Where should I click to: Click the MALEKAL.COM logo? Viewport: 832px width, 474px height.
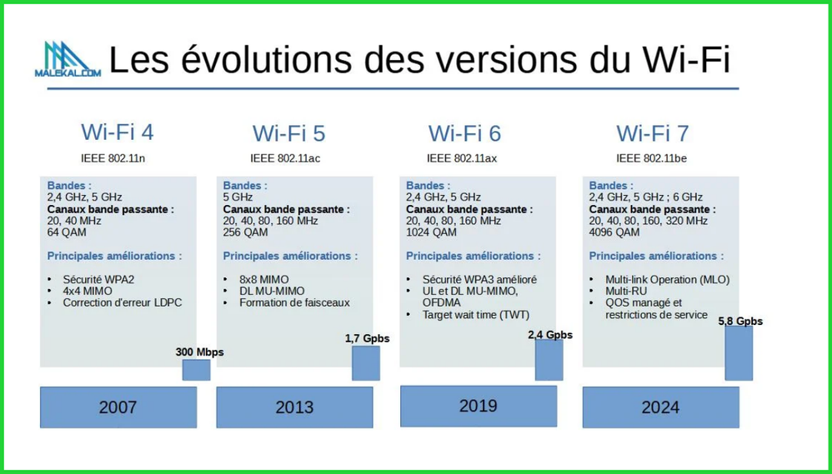[68, 59]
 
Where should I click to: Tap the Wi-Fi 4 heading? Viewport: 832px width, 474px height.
[118, 132]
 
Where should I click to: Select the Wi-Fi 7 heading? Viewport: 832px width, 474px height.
[652, 133]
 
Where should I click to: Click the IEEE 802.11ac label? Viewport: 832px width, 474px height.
[285, 158]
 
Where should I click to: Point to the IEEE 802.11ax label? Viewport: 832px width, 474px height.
[462, 158]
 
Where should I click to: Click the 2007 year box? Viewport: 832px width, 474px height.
[118, 407]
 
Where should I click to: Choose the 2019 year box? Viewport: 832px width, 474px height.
[479, 407]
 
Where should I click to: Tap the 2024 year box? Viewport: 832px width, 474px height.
[660, 407]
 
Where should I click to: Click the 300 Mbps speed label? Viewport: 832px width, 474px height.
[199, 352]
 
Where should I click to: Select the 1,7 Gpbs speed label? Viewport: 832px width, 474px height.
[367, 338]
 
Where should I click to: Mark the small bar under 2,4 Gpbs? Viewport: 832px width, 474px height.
[549, 360]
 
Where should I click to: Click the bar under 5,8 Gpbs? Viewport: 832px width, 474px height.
[739, 353]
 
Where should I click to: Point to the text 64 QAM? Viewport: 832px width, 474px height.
[67, 232]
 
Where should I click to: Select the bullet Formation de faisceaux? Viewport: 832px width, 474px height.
[294, 302]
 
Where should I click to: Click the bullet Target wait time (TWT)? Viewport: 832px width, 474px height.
[476, 315]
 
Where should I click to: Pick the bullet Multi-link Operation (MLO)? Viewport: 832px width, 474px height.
[668, 279]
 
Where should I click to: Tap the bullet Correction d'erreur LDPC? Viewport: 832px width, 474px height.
[122, 302]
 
